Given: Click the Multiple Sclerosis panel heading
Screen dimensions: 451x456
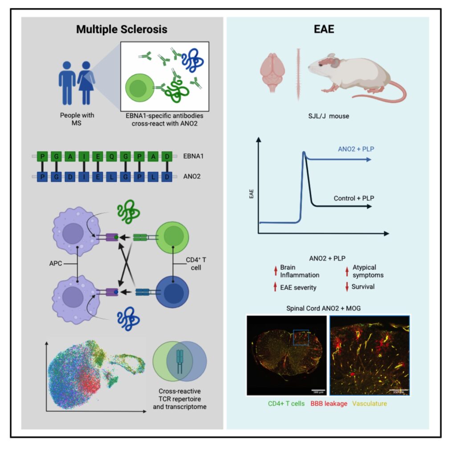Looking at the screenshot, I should (x=122, y=30).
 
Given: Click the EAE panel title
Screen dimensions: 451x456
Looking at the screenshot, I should (x=327, y=30).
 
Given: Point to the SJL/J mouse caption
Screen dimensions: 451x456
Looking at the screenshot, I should (x=329, y=117).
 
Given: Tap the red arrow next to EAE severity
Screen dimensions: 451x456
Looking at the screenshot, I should (x=275, y=287).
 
